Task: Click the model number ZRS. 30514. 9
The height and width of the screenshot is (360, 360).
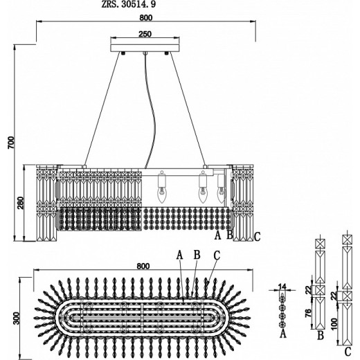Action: pyautogui.click(x=129, y=4)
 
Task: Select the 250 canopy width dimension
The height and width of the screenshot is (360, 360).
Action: pyautogui.click(x=145, y=34)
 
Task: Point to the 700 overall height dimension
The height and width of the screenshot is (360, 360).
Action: pyautogui.click(x=11, y=143)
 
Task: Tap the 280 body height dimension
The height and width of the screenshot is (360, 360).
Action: pyautogui.click(x=21, y=203)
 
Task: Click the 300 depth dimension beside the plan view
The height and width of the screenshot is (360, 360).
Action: pyautogui.click(x=17, y=318)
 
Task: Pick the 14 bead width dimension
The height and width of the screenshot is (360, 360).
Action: pyautogui.click(x=282, y=287)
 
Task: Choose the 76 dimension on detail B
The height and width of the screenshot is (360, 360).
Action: pyautogui.click(x=308, y=313)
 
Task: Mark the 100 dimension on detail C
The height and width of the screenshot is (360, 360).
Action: pyautogui.click(x=334, y=324)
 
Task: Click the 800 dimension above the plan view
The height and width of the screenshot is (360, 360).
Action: pyautogui.click(x=143, y=266)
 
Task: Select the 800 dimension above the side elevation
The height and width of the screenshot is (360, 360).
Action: pyautogui.click(x=146, y=17)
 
